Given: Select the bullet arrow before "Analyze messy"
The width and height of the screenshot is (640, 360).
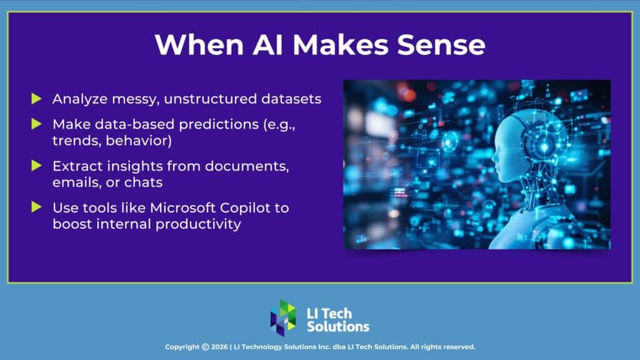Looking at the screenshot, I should [x=37, y=99].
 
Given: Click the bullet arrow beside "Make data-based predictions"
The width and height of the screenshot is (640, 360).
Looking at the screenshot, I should [x=37, y=124].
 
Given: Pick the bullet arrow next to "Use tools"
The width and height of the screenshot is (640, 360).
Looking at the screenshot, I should [x=37, y=207].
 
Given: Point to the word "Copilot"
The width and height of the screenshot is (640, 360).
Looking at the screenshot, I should [x=251, y=207].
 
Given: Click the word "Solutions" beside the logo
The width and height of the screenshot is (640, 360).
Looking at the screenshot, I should [x=338, y=326].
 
